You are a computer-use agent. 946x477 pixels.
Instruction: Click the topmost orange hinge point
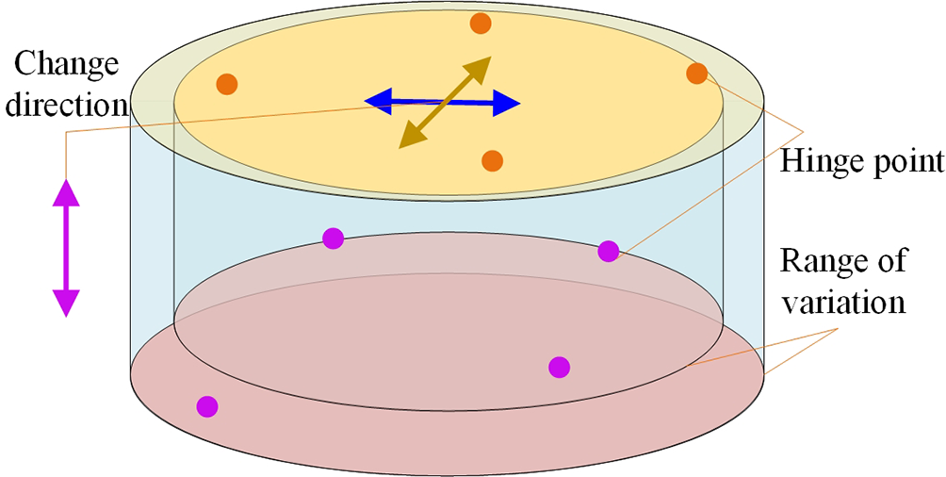coord(480,24)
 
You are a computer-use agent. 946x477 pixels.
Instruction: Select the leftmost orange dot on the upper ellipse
coord(226,84)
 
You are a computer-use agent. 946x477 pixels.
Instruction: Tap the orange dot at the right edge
coord(696,73)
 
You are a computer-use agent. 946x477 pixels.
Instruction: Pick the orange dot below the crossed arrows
coord(492,161)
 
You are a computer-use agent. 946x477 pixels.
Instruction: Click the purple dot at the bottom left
coord(206,406)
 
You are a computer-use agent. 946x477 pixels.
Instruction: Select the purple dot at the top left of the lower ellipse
coord(333,238)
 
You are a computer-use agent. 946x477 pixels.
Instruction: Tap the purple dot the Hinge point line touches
coord(609,251)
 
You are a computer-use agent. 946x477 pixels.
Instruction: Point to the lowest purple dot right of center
coord(559,366)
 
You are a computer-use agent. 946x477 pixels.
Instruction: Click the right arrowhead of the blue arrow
coord(508,104)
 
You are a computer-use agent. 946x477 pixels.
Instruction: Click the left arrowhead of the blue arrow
coord(376,99)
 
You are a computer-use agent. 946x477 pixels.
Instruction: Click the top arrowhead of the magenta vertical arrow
coord(66,191)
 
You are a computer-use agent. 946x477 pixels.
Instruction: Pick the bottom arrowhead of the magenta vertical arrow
coord(66,303)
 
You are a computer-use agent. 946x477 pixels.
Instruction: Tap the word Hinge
coord(817,163)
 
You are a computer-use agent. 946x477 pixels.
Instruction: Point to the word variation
coord(843,304)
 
